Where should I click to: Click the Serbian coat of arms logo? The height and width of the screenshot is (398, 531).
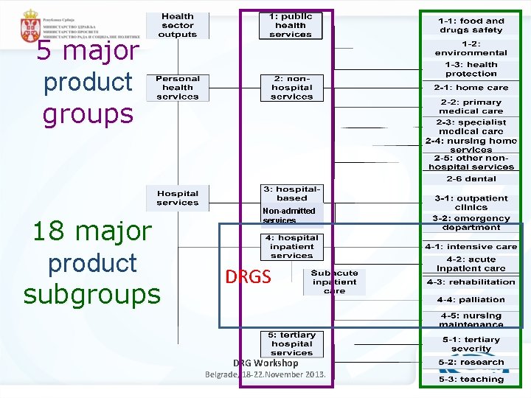[x=30, y=26]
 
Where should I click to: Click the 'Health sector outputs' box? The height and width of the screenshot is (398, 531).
[x=178, y=25]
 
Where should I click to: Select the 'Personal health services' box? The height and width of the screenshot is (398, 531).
[x=178, y=87]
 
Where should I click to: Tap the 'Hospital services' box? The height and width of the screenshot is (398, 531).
[x=178, y=198]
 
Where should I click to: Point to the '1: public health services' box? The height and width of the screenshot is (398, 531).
[x=291, y=25]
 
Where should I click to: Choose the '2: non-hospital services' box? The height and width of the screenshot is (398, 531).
[x=291, y=87]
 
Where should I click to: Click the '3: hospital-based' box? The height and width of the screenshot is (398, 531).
[x=292, y=194]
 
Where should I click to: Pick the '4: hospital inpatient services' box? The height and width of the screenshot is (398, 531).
[x=292, y=247]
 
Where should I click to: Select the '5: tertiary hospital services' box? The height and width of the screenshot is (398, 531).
[x=292, y=343]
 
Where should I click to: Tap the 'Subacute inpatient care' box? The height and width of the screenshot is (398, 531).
[x=334, y=282]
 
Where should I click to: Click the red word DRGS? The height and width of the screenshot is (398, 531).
[x=248, y=277]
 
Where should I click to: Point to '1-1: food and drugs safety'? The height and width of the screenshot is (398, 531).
[x=471, y=26]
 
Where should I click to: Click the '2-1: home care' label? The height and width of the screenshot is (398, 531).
[x=471, y=87]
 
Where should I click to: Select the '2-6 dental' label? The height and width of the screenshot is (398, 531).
[x=471, y=179]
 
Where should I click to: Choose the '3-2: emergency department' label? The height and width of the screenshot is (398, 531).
[x=471, y=223]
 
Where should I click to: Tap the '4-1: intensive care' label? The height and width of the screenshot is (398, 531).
[x=471, y=247]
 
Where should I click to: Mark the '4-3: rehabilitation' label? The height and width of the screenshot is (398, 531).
[x=471, y=282]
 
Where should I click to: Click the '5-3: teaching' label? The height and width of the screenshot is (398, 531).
[x=471, y=379]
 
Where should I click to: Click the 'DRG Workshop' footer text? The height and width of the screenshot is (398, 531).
[x=265, y=363]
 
